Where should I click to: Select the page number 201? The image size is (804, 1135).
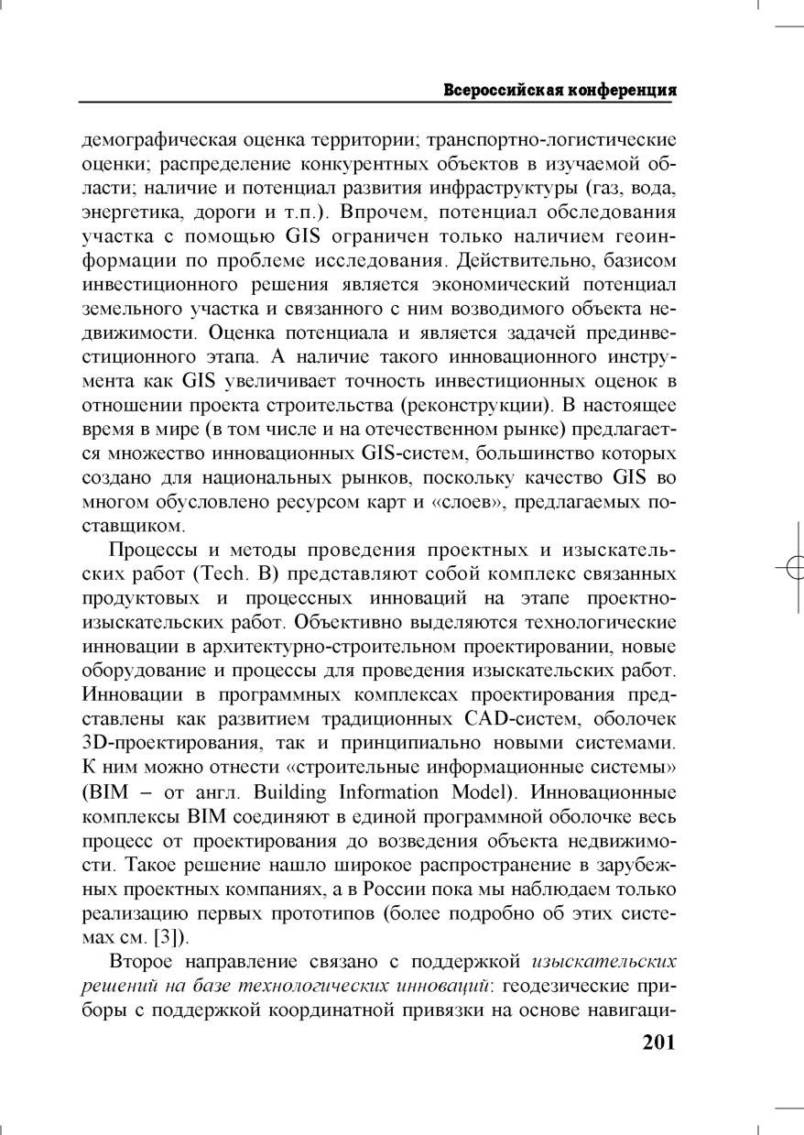pyautogui.click(x=657, y=1042)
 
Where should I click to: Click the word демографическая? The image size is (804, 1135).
pyautogui.click(x=159, y=141)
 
